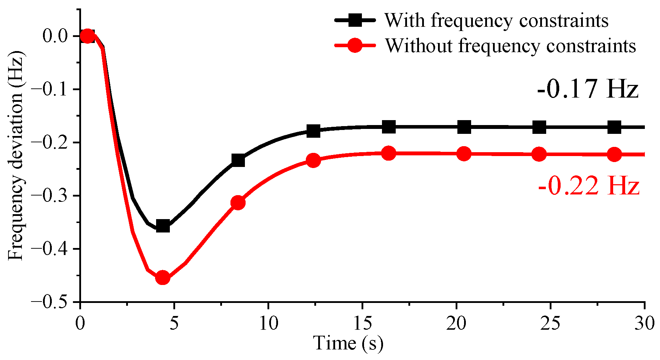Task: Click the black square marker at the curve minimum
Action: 163,226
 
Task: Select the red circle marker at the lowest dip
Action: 162,278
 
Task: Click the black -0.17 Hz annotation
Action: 588,89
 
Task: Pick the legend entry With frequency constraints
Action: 496,20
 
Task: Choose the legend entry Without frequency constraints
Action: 510,46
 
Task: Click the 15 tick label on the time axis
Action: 363,323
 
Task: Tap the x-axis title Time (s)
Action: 348,343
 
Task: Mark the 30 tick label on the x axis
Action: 644,323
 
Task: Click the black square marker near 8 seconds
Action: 238,160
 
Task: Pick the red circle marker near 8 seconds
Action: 238,203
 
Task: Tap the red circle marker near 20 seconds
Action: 464,154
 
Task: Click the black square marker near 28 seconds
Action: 614,127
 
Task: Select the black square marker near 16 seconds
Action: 389,126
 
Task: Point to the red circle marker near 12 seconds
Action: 313,161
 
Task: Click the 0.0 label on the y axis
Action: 55,36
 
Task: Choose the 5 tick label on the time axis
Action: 174,323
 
